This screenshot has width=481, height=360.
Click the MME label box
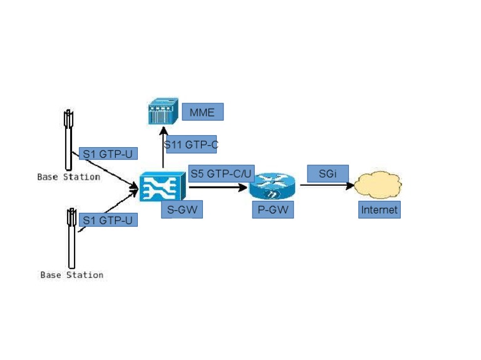click(203, 112)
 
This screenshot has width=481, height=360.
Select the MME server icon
click(163, 111)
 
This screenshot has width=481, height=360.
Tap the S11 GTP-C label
click(191, 144)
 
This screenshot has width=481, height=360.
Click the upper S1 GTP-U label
click(108, 153)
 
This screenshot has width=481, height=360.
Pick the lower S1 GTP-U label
click(108, 220)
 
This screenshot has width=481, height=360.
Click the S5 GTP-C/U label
click(221, 173)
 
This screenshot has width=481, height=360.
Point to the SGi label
click(328, 173)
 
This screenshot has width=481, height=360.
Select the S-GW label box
click(182, 210)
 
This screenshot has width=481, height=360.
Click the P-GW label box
click(273, 210)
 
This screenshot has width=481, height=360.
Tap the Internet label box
click(380, 210)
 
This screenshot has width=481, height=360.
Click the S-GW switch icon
click(163, 187)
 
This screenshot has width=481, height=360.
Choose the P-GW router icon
click(272, 186)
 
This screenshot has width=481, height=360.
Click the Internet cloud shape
click(378, 185)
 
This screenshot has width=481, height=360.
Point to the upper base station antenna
click(69, 140)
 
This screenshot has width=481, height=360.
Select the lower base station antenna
click(71, 239)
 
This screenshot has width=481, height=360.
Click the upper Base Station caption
click(69, 177)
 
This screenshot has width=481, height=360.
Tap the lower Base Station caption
click(72, 275)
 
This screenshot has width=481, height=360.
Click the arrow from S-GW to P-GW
click(218, 187)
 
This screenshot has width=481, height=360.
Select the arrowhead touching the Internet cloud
click(349, 185)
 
